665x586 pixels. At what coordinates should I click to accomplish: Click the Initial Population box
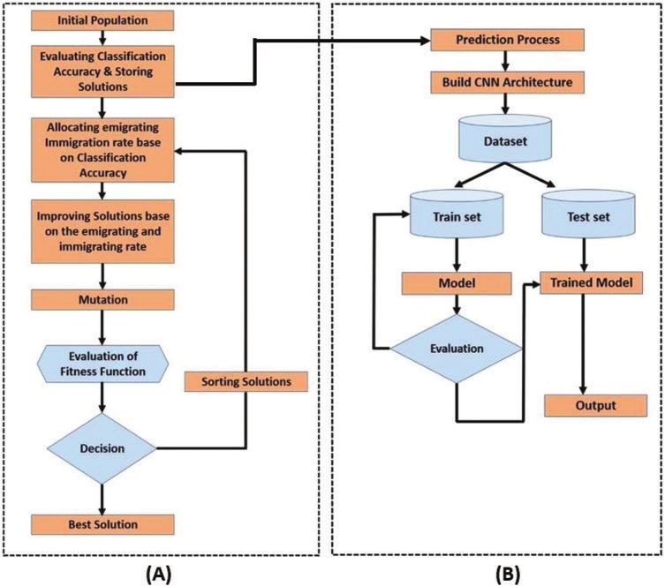102,20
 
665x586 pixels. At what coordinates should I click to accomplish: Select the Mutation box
102,299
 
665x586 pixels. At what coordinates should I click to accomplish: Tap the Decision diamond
102,448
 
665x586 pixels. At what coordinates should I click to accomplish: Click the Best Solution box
102,524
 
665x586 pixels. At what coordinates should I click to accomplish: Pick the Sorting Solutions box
246,382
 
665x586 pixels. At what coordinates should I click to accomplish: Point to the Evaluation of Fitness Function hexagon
103,364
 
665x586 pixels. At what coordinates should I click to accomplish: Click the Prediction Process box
507,40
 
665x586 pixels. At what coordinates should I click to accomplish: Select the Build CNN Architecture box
507,82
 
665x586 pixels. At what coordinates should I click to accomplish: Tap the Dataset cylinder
505,139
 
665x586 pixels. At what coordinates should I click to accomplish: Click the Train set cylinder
457,214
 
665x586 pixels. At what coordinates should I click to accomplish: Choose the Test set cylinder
589,214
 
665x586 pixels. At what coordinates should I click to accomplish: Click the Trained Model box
591,282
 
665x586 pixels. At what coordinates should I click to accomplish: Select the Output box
596,405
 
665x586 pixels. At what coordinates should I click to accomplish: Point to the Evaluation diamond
457,349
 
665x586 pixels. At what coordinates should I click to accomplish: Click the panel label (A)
158,575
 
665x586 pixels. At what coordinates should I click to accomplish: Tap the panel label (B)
507,575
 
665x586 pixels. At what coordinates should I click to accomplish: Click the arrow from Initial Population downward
102,38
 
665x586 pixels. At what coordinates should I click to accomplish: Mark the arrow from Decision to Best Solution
102,500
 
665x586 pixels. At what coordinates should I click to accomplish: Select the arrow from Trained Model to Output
583,344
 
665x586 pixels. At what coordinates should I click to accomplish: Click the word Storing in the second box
134,71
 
